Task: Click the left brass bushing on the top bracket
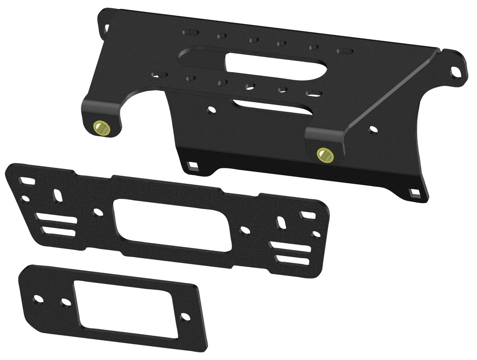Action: click(100, 127)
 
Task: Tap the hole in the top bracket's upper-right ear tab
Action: click(455, 72)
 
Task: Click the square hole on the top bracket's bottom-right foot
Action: click(413, 192)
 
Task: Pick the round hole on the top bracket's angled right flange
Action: click(373, 130)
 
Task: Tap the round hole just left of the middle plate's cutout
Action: click(98, 212)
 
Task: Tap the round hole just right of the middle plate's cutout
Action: click(244, 230)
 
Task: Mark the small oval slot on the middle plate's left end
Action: click(58, 195)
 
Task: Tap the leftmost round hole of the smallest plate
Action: click(38, 299)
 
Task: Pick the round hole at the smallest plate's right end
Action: click(184, 316)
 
